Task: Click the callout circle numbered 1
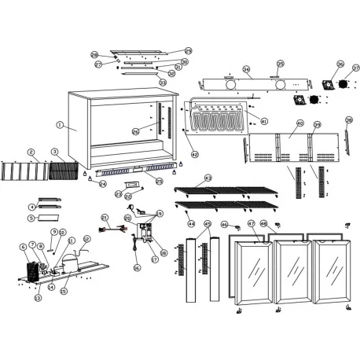pos(60,125)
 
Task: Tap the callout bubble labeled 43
pos(208,178)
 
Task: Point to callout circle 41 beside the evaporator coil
pos(264,121)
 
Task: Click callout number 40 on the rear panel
pos(299,124)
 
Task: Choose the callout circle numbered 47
pos(251,224)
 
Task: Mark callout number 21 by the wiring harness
pos(104,217)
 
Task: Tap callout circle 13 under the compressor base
pos(37,298)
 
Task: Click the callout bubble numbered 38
pos(348,119)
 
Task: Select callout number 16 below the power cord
pos(136,267)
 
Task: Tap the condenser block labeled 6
pos(31,272)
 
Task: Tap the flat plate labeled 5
pos(49,215)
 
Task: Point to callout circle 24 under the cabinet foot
pos(102,184)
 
